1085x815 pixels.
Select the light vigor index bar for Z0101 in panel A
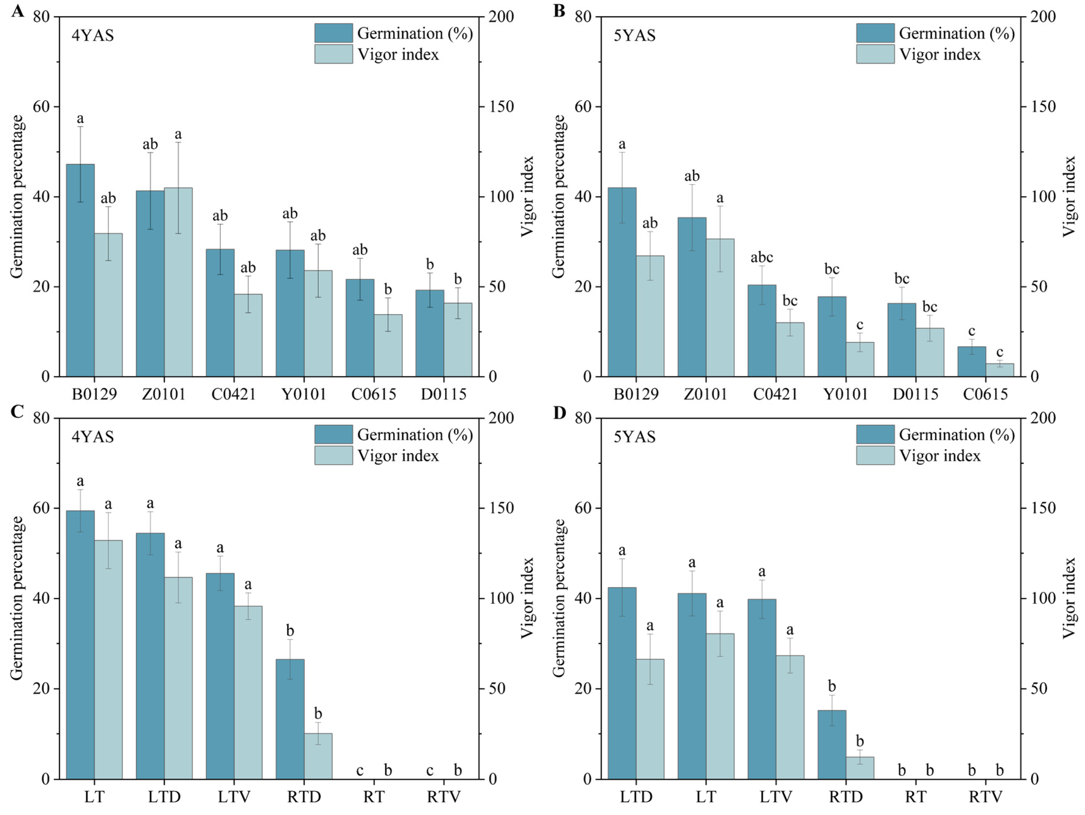(x=178, y=282)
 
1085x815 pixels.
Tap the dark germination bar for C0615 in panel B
(x=971, y=362)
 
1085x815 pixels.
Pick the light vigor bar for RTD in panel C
(x=318, y=756)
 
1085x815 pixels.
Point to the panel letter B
(x=559, y=11)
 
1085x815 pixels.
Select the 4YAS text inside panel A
(x=93, y=36)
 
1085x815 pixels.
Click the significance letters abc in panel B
(x=761, y=258)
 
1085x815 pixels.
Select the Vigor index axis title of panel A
(x=527, y=196)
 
